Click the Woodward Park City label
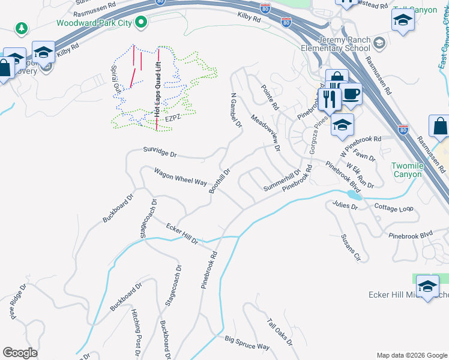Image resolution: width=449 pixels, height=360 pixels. coord(94,23)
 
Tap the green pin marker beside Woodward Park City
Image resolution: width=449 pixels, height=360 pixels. coord(142,23)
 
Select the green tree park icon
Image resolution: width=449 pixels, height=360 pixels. coord(22,28)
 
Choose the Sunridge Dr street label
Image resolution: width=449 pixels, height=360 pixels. coord(160,153)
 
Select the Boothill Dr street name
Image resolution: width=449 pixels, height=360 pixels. coord(219,181)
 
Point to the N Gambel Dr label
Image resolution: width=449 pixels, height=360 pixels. coord(235,111)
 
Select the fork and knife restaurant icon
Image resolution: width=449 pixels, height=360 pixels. coord(329,99)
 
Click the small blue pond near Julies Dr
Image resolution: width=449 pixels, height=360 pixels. coord(354,195)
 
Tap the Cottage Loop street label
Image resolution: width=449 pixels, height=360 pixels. coord(394,208)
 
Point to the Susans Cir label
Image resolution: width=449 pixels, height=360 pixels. coord(349,248)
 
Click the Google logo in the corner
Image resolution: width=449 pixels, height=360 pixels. coord(20,353)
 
